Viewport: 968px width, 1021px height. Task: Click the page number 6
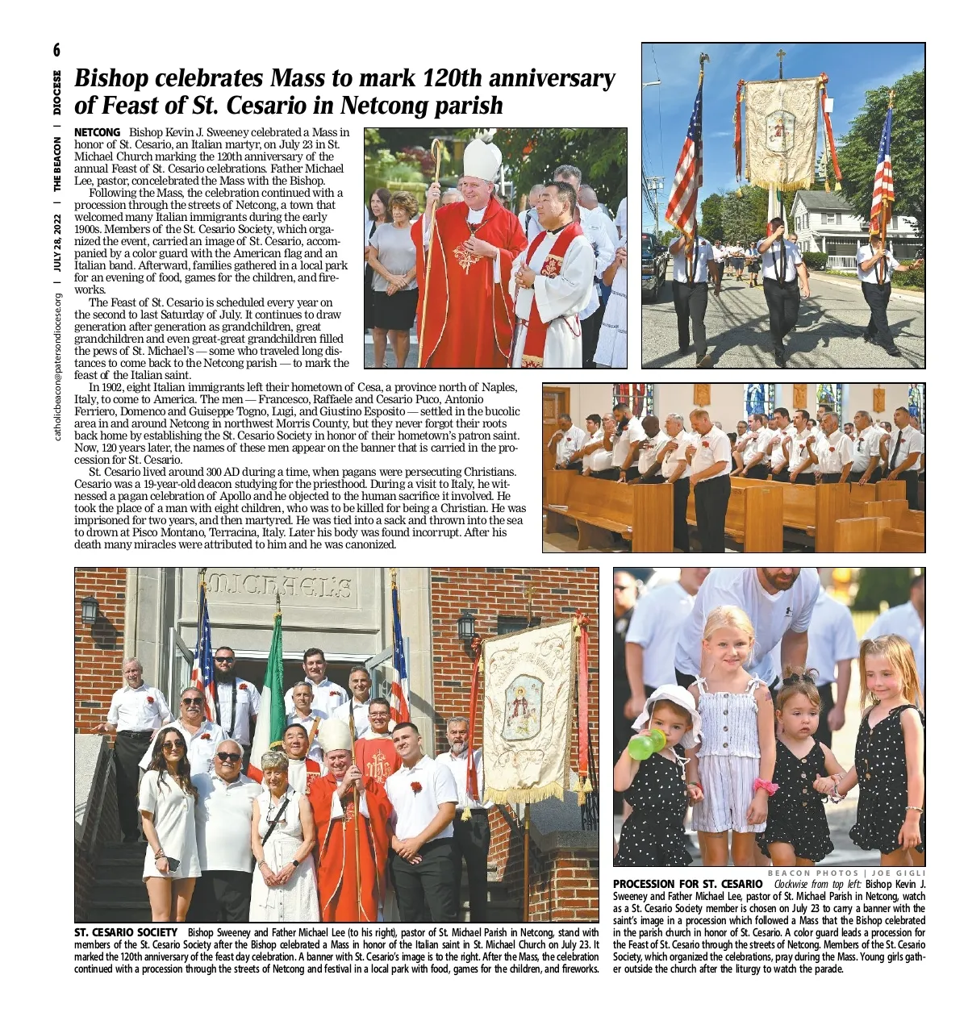(56, 51)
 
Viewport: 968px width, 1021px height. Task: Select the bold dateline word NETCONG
(98, 132)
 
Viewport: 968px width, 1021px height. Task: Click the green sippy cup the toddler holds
(646, 744)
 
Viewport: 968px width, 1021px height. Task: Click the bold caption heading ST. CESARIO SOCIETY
(125, 933)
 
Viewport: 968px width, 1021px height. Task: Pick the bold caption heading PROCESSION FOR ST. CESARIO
(686, 885)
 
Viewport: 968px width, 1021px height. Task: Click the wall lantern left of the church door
(90, 609)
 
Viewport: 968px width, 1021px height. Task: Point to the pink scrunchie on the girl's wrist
(765, 786)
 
